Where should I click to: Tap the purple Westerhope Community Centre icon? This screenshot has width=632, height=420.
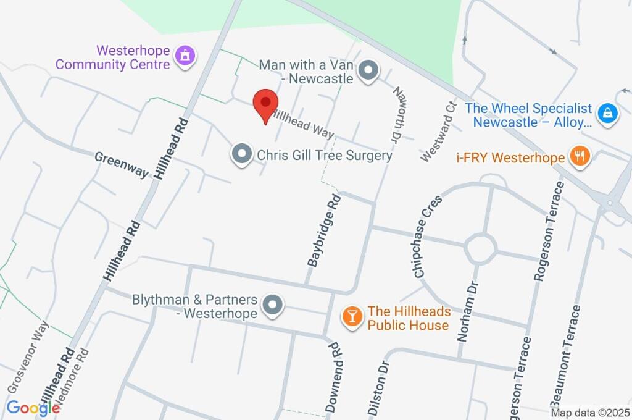pyautogui.click(x=185, y=57)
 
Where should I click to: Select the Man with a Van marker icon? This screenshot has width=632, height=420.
pyautogui.click(x=368, y=71)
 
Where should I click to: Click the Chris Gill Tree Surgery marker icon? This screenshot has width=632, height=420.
pyautogui.click(x=241, y=154)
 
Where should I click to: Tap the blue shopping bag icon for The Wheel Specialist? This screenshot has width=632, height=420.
pyautogui.click(x=608, y=113)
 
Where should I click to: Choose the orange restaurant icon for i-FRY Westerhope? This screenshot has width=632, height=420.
pyautogui.click(x=579, y=157)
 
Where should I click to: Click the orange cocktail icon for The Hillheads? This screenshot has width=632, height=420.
pyautogui.click(x=352, y=317)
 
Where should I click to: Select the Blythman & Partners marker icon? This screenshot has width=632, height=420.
pyautogui.click(x=272, y=305)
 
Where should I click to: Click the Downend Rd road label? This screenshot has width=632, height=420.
pyautogui.click(x=333, y=377)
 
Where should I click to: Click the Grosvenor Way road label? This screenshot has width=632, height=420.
pyautogui.click(x=28, y=356)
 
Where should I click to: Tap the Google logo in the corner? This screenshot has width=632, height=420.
pyautogui.click(x=33, y=408)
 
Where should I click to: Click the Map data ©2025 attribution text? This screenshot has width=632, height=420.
pyautogui.click(x=589, y=413)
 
